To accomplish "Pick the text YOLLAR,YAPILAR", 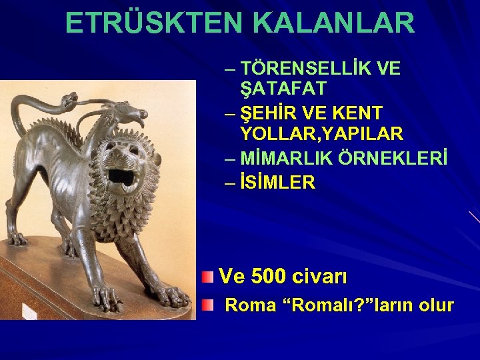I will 322,134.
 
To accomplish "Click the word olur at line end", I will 437,305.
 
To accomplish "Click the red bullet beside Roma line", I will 209,305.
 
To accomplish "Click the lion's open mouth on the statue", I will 121,177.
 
